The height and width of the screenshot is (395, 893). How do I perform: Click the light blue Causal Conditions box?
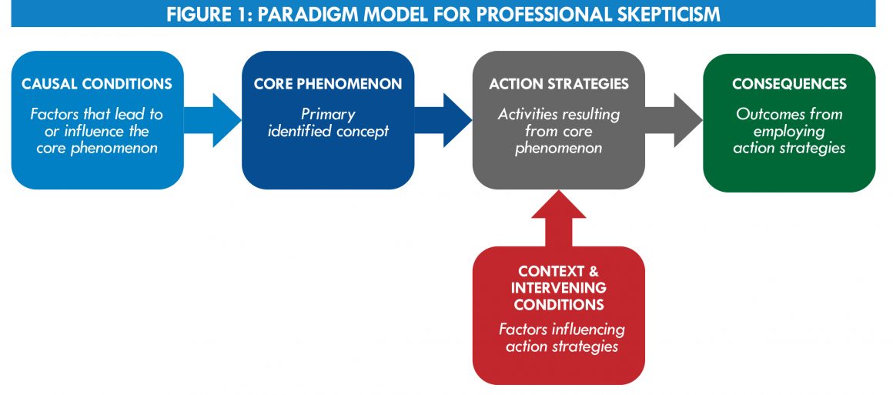click(98, 120)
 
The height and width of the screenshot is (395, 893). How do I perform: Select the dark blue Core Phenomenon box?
click(328, 120)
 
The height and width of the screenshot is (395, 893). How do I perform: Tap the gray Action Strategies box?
click(559, 120)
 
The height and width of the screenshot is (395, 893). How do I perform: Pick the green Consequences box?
click(789, 122)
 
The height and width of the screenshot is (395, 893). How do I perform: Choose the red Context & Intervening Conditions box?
click(559, 316)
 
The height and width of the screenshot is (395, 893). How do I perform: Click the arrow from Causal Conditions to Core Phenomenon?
click(213, 120)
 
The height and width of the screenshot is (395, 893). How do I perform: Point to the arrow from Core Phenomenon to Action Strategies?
click(443, 120)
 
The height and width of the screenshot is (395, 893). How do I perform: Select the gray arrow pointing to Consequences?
click(674, 120)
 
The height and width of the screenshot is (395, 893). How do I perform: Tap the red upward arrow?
click(559, 219)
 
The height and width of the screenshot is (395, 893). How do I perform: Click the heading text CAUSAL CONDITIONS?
click(97, 85)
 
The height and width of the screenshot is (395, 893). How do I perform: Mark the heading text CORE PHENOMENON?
click(328, 85)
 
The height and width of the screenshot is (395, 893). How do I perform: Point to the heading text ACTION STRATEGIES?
click(559, 85)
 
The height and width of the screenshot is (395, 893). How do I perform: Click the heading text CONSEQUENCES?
click(789, 85)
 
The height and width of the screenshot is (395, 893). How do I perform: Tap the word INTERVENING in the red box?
click(559, 288)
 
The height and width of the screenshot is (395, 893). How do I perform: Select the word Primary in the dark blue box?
click(329, 115)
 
